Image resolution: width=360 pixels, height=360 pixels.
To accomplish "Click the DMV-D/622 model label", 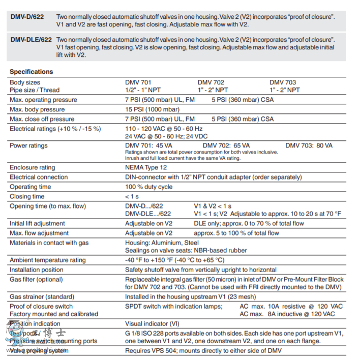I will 27,17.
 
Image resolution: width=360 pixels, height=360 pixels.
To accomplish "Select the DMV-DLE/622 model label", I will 31,39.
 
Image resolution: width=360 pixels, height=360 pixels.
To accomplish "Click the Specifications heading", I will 31,72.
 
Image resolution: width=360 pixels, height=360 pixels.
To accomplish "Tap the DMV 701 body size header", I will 138,82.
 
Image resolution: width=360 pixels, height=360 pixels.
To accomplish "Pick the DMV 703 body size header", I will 283,82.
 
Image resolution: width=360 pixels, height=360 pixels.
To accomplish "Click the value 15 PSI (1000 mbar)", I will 152,109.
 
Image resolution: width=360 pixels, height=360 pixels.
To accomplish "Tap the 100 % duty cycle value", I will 149,187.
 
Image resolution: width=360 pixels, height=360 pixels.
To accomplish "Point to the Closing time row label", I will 27,196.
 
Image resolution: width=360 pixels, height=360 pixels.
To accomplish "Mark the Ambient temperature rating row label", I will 48,260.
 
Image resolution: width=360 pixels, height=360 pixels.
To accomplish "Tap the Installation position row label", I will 37,269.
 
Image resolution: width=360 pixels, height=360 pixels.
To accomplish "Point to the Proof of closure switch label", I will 41,306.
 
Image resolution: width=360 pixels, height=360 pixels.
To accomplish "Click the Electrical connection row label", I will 39,177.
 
